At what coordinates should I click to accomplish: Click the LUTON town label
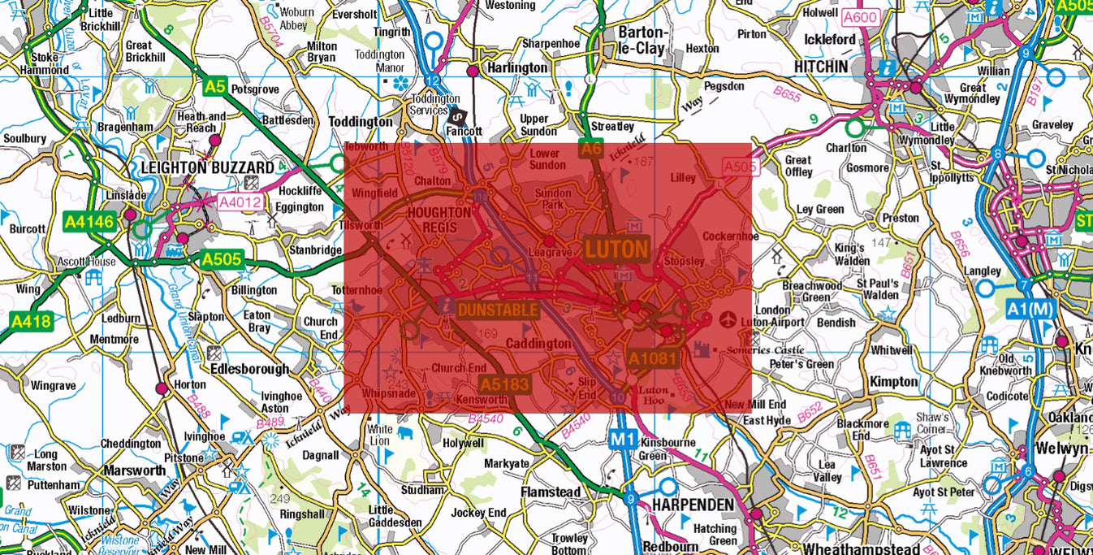616,249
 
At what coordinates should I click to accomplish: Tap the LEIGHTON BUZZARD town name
208,167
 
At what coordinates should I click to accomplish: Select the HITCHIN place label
821,66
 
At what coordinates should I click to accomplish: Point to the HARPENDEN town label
693,505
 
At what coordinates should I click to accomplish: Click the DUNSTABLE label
498,310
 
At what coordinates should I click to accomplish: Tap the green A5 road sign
215,86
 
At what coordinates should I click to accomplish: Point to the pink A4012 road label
240,202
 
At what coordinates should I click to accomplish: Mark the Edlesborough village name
249,369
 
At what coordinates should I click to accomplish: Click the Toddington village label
360,121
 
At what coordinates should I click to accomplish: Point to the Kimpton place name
894,381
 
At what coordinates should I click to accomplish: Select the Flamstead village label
551,492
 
